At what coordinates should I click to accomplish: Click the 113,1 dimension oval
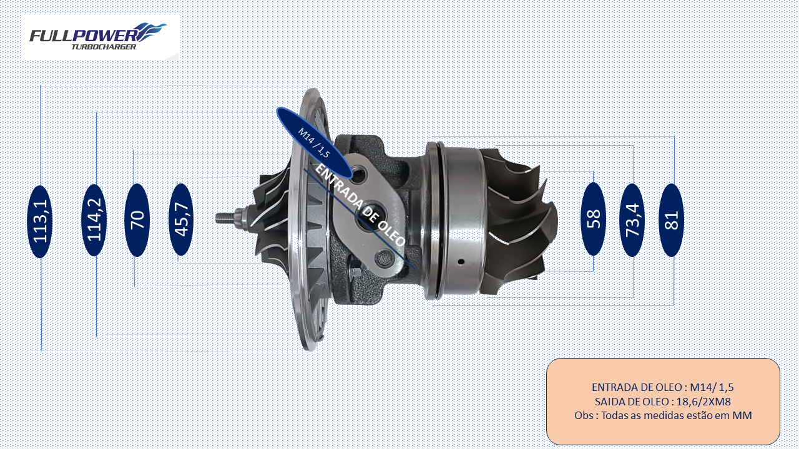pos(40,221)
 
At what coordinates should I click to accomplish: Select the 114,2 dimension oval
pos(94,220)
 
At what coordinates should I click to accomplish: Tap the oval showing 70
pos(137,220)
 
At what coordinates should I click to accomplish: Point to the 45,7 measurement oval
pos(181,220)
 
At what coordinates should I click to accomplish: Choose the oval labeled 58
pos(594,219)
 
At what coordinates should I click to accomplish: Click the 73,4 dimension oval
pos(632,220)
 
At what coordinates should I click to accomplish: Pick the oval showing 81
pos(671,220)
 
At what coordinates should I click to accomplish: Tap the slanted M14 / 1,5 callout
pos(314,143)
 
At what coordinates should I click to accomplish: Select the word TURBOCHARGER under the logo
pos(104,47)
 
